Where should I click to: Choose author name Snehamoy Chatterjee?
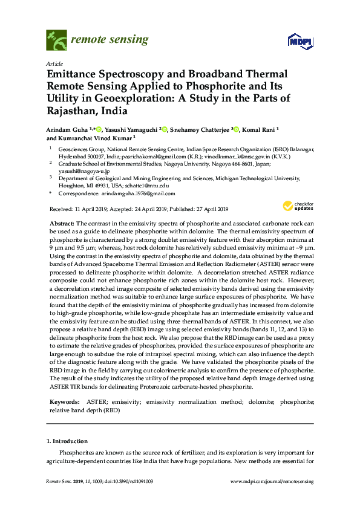point(203,129)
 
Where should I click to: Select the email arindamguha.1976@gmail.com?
point(138,193)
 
